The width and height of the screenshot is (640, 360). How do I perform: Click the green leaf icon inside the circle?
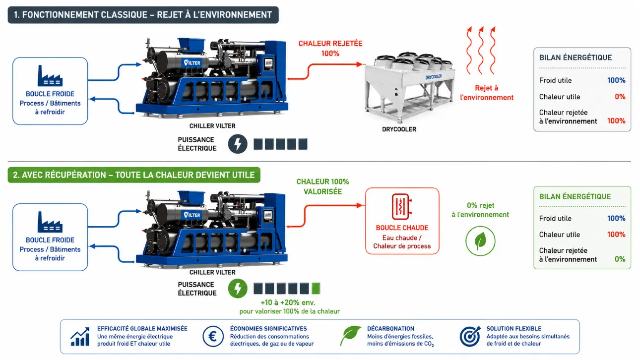point(480,240)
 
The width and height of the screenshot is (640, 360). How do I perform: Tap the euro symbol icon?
point(213,336)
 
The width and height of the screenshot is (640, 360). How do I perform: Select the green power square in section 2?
point(316,288)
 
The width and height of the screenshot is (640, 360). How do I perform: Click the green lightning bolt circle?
point(238,288)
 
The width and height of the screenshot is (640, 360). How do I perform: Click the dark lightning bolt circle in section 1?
point(238,144)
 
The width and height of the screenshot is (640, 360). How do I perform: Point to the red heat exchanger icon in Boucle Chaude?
point(402,206)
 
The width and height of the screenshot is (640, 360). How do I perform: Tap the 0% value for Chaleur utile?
point(620,97)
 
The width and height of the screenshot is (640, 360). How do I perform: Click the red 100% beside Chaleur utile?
point(616,235)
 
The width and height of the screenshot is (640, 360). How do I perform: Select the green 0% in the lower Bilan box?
point(620,259)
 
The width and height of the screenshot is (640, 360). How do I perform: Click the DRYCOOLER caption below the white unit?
point(399,129)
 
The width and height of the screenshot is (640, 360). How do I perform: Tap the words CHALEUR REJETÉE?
point(330,44)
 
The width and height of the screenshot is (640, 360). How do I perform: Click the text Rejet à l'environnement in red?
point(487,93)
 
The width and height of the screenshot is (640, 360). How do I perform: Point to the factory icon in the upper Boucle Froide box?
point(50,76)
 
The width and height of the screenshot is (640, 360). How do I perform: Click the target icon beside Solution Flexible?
point(470,336)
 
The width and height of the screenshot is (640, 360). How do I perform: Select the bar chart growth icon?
point(80,337)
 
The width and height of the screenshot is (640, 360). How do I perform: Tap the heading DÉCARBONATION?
point(390,329)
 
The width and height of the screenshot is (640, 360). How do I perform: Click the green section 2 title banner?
point(134,175)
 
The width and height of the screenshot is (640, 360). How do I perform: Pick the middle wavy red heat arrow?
point(481,50)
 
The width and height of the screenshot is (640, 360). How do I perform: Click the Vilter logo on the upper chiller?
point(192,62)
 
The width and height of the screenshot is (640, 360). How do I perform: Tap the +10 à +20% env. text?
point(288,302)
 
